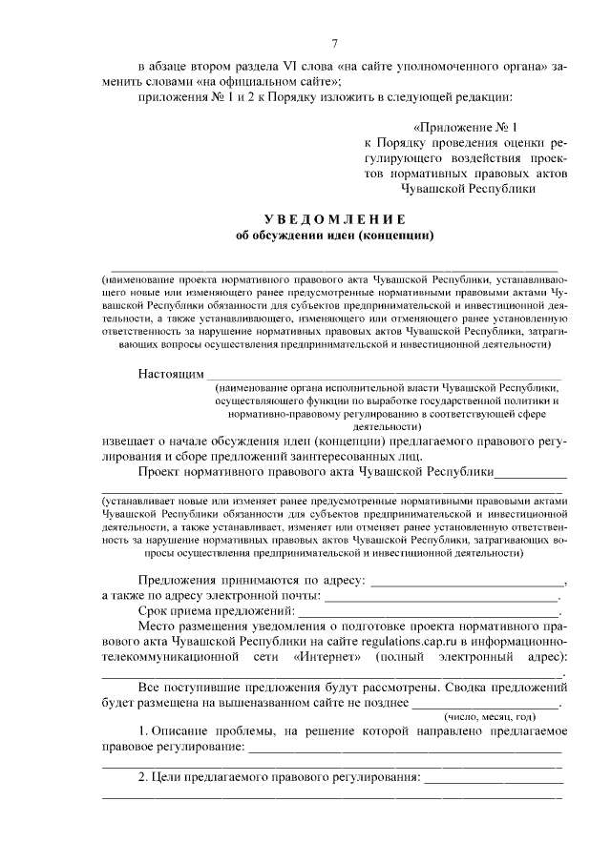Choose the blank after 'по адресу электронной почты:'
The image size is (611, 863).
point(440,596)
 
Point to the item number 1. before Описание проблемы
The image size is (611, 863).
point(143,730)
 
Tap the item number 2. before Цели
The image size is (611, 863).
point(143,777)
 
